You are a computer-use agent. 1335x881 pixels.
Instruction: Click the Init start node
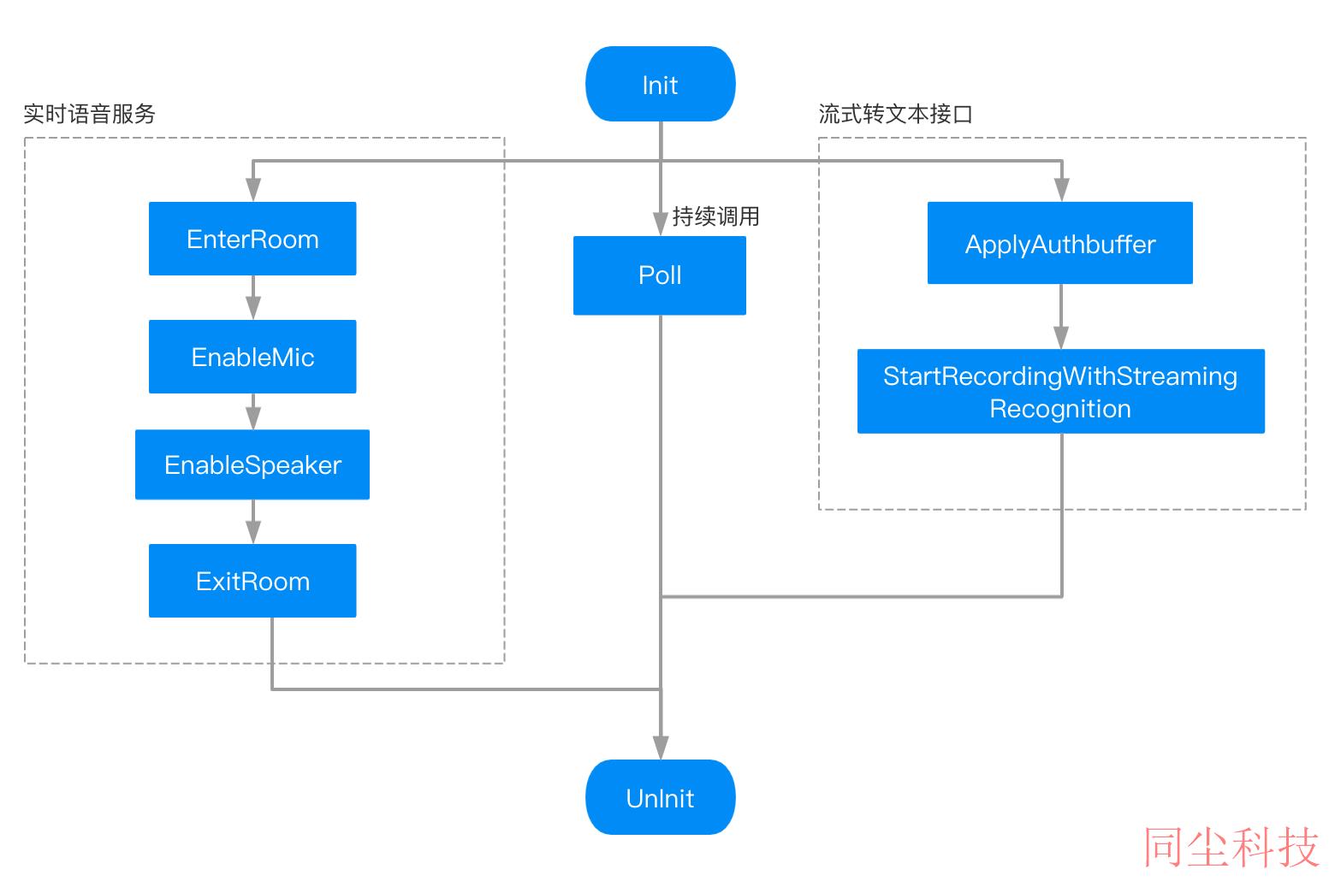click(x=661, y=84)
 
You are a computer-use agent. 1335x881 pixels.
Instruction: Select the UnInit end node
click(x=661, y=797)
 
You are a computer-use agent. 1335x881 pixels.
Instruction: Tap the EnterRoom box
click(x=252, y=239)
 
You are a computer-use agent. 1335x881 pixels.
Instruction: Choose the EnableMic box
click(x=252, y=356)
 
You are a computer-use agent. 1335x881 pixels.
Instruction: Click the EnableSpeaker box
click(x=252, y=464)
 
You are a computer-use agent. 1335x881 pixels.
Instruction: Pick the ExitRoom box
click(x=252, y=581)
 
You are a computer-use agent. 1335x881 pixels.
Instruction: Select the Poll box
click(x=660, y=275)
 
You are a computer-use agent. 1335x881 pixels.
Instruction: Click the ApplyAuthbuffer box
click(x=1060, y=242)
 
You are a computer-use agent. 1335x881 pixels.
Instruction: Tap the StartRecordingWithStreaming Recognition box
click(x=1061, y=391)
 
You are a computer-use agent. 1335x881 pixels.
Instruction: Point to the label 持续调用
click(x=715, y=216)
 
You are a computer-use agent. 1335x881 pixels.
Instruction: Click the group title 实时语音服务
click(x=89, y=114)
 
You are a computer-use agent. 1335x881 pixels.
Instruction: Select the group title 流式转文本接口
click(x=896, y=114)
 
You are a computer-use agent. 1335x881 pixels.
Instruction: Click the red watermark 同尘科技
click(x=1231, y=847)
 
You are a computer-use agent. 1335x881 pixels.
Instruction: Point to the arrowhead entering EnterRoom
click(x=253, y=189)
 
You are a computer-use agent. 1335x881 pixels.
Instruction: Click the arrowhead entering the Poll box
click(x=661, y=224)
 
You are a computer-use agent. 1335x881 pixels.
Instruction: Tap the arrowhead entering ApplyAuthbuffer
click(x=1061, y=189)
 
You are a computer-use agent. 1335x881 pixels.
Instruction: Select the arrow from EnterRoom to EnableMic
click(x=253, y=298)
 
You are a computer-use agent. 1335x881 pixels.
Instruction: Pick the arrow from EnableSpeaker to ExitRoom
click(x=253, y=522)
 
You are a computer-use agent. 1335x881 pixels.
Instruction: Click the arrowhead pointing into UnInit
click(x=661, y=748)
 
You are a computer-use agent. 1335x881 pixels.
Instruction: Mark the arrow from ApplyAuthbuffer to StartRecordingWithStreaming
click(x=1061, y=316)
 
